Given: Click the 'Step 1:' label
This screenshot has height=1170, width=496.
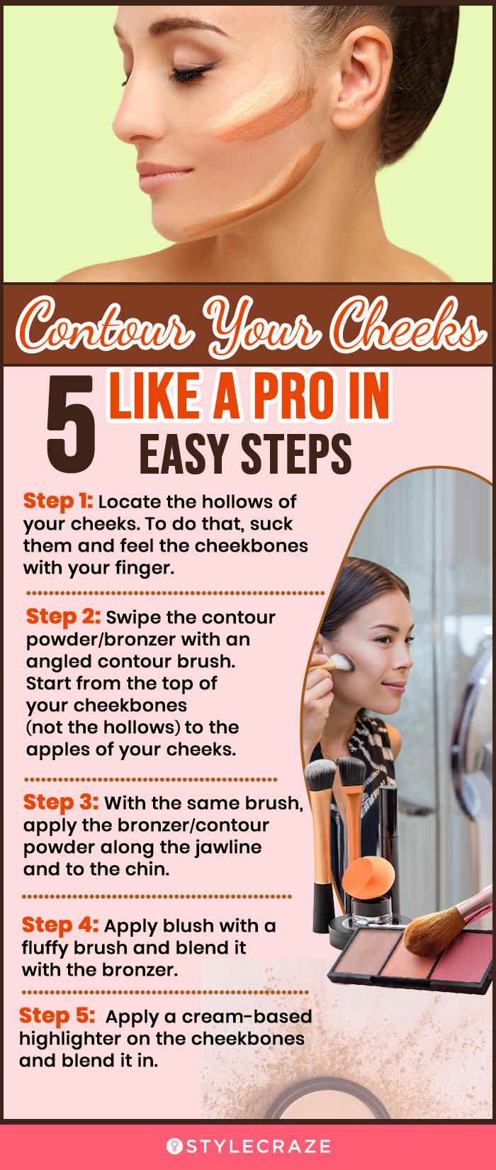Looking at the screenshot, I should click(58, 501).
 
